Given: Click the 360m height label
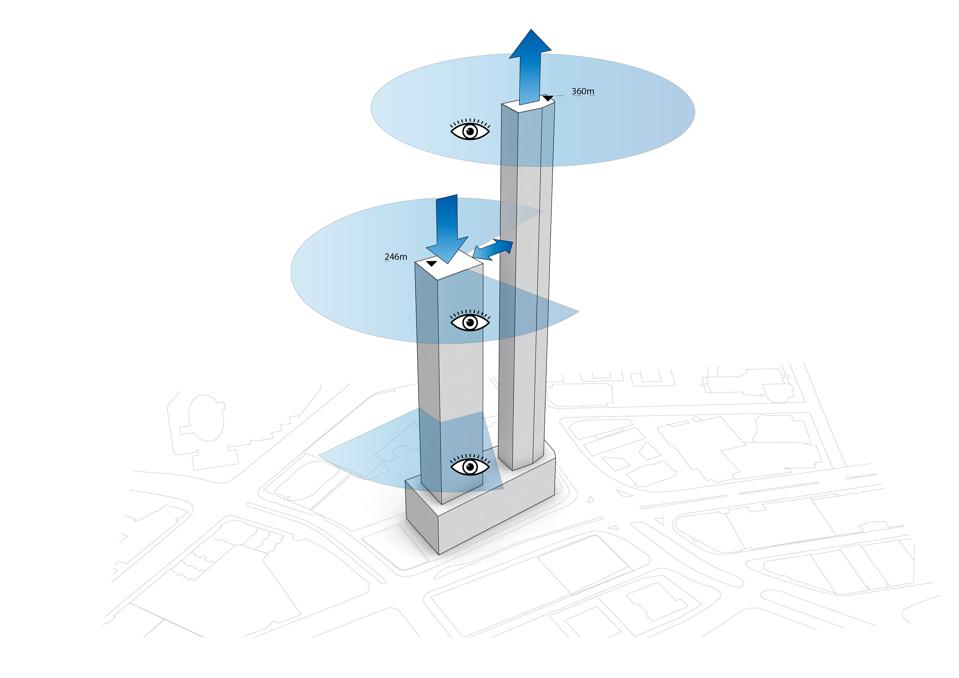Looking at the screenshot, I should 583,91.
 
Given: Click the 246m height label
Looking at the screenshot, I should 395,257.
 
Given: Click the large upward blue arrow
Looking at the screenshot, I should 530,67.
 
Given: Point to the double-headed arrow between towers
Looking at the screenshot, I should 493,250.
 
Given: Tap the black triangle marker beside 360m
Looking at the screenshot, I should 548,98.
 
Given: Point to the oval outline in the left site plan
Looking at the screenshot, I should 206,418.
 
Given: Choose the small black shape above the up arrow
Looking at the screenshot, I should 531,32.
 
